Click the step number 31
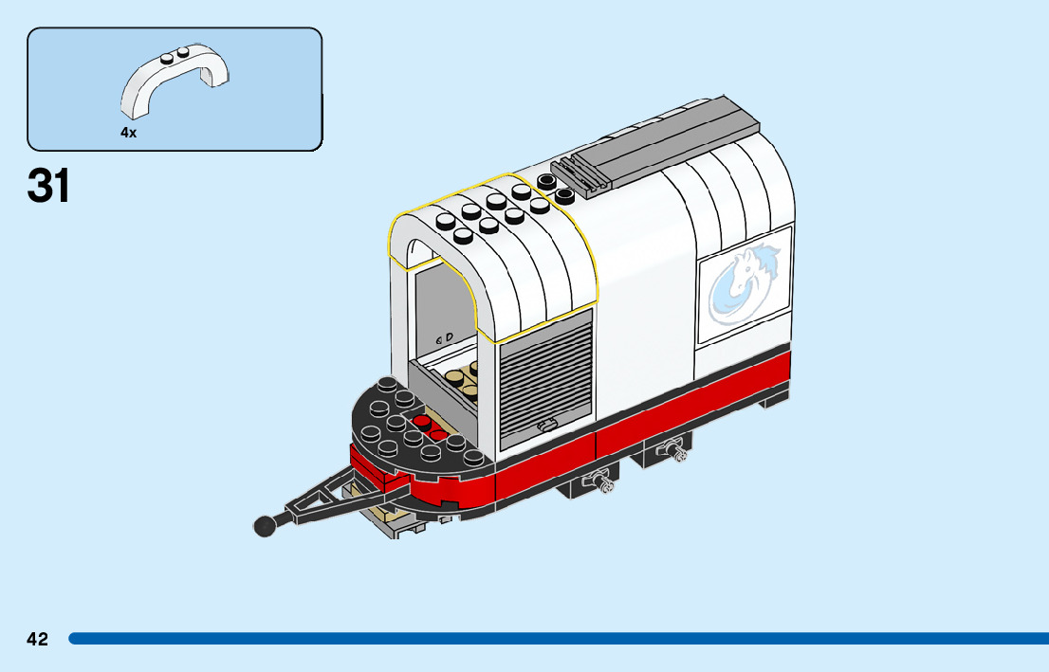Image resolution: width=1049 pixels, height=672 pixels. click(x=49, y=186)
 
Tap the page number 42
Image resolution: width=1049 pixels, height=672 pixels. click(x=37, y=640)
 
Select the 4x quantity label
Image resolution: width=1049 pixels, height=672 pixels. click(x=128, y=134)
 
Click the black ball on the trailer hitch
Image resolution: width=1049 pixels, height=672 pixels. click(x=265, y=524)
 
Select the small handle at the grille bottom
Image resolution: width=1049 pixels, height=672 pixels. click(x=546, y=426)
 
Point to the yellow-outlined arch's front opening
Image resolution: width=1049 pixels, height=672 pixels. click(x=441, y=303)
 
